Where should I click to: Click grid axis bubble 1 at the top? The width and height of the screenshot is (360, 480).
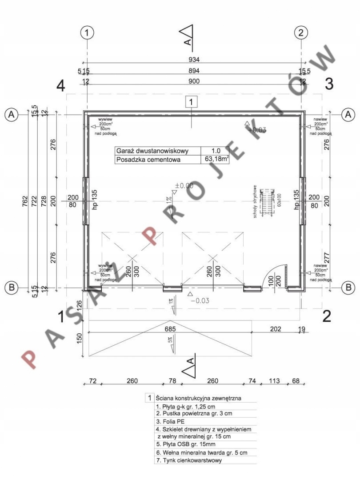point(88,32)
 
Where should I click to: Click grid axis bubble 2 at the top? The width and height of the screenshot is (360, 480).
point(301,32)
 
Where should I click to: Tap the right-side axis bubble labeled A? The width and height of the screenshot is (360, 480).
point(348,114)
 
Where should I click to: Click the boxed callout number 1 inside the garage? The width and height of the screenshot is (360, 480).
point(191,102)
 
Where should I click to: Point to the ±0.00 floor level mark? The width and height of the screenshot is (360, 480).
point(184,186)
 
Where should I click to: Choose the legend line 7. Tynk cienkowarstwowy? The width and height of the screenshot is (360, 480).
point(186,460)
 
